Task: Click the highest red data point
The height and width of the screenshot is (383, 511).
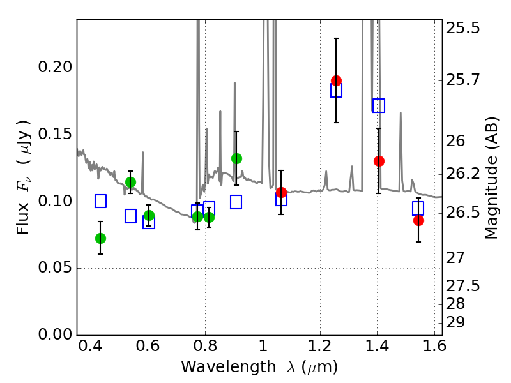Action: coord(336,80)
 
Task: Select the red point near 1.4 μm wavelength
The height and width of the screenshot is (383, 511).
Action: coord(379,161)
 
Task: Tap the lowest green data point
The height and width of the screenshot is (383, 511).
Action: coord(100,238)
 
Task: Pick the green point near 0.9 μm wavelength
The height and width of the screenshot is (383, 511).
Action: coord(236,158)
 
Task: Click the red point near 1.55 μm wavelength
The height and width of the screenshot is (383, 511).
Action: coord(418,220)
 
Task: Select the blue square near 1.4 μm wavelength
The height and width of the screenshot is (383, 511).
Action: coord(379,105)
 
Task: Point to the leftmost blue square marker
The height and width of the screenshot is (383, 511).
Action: coord(100,201)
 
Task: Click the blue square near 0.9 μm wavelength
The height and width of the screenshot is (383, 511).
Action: coord(236,202)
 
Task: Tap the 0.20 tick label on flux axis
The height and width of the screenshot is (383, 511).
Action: coord(56,68)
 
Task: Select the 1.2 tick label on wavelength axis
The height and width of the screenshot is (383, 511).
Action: coord(319,348)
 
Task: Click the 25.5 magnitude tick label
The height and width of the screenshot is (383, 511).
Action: coord(464,29)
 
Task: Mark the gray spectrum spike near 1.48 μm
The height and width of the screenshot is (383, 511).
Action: coord(400,115)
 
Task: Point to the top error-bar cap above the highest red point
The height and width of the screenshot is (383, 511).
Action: coord(336,38)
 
